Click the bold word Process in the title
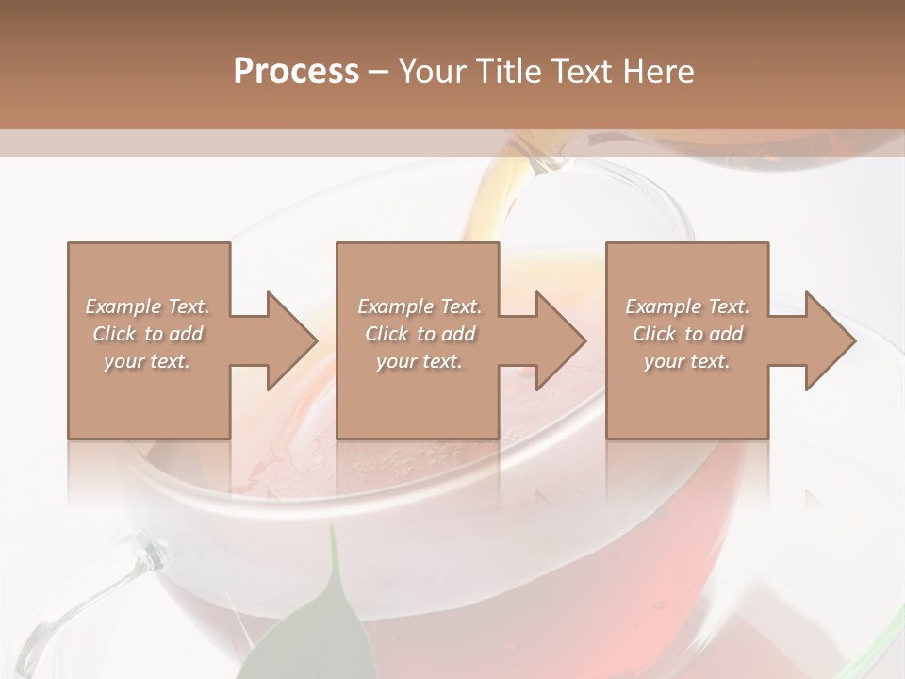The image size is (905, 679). coord(296,72)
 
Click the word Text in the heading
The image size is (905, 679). coord(583,72)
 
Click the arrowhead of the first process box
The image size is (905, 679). coord(290,340)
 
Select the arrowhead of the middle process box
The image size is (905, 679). coord(560,340)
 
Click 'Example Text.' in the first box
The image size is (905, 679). coord(148,306)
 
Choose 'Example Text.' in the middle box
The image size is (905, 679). coord(420,306)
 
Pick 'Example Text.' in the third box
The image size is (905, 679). coord(687,306)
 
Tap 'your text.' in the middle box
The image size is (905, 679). coord(419,361)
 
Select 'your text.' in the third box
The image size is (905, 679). coord(686,361)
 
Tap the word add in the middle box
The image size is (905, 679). coord(458,334)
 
